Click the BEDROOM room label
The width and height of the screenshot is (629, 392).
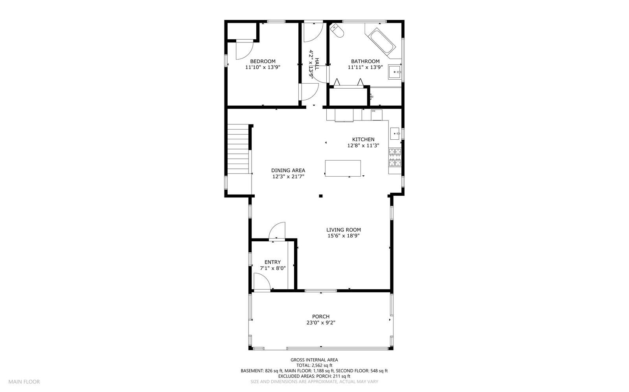point(263,61)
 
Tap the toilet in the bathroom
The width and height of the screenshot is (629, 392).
point(337,31)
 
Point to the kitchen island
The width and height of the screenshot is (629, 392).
point(343,168)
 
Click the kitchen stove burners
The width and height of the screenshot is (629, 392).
point(395,157)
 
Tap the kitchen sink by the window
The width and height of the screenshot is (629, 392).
point(395,133)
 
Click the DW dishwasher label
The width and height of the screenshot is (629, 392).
point(374,111)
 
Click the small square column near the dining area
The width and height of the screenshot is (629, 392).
point(321,196)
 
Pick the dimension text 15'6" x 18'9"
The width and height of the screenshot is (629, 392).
point(344,236)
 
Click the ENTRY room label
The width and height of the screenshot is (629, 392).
point(272,262)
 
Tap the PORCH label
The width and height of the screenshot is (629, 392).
point(321,316)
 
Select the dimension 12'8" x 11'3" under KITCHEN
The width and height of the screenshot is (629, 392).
point(363,145)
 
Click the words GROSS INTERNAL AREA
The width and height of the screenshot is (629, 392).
point(314,360)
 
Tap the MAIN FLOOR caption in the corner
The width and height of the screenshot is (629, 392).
point(24,381)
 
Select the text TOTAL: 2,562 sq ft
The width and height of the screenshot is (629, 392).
point(314,365)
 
